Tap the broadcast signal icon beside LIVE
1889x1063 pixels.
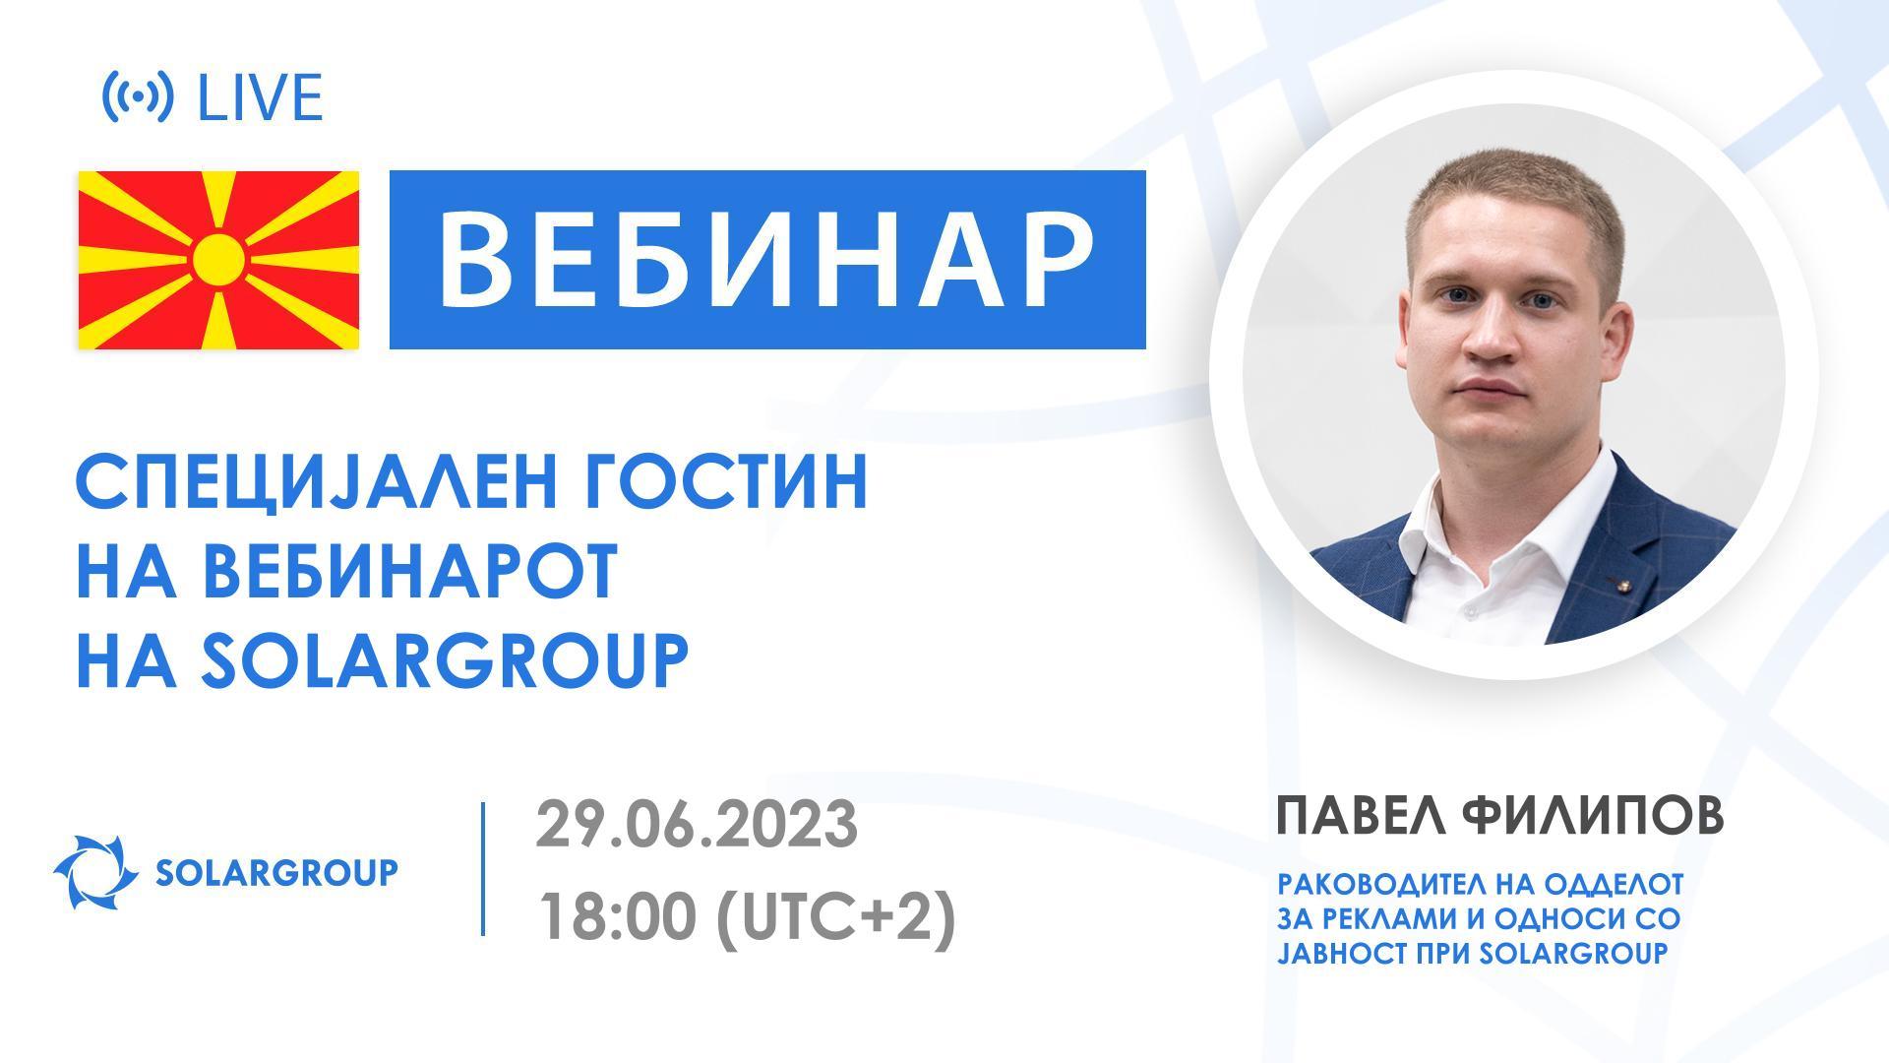(x=138, y=96)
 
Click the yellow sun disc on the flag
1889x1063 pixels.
(x=218, y=260)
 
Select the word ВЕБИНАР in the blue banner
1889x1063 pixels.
(x=766, y=260)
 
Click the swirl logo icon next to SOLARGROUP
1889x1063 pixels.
(x=94, y=872)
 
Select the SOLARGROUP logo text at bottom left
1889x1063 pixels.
(x=276, y=872)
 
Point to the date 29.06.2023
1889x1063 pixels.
(x=697, y=825)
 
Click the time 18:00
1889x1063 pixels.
(x=617, y=919)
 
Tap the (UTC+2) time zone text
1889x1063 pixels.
(x=835, y=919)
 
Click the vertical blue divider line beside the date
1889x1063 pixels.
(x=483, y=868)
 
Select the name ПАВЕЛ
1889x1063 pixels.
(x=1362, y=817)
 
